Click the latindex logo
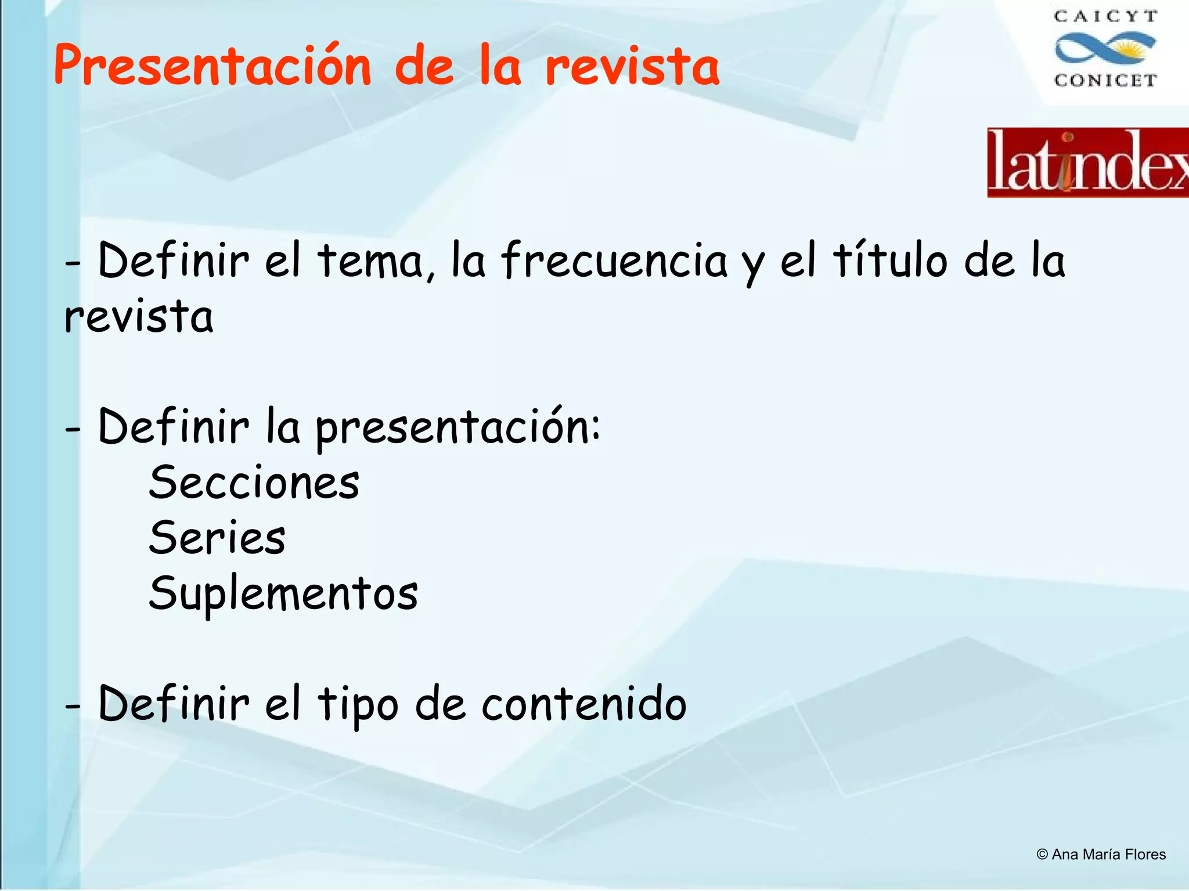(1088, 163)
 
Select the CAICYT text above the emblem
(1105, 17)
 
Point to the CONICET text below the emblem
(1105, 80)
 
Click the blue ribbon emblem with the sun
(1105, 48)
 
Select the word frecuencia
(614, 262)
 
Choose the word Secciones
(254, 483)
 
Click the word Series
(217, 538)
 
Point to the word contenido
(583, 704)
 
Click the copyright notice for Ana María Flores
(1101, 854)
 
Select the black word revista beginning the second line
(139, 317)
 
